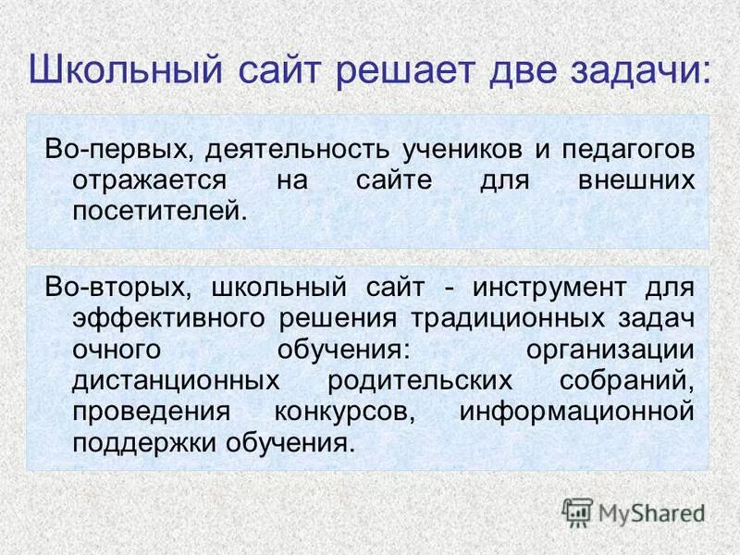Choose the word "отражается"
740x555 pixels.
tap(147, 180)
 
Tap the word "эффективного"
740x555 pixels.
tap(167, 319)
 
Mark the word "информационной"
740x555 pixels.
tap(576, 412)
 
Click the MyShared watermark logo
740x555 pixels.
tap(634, 511)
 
